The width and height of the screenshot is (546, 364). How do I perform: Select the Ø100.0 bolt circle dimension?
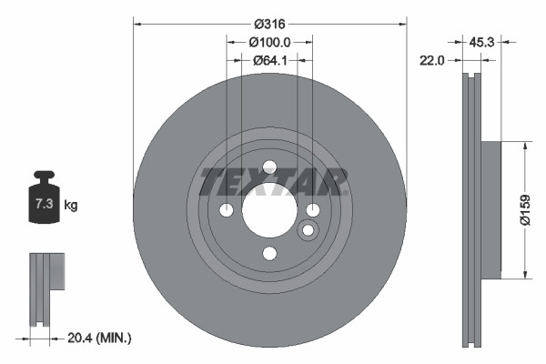click(x=269, y=42)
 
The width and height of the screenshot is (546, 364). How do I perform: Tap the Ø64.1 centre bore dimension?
click(x=269, y=61)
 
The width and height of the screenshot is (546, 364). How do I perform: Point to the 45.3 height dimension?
click(x=482, y=41)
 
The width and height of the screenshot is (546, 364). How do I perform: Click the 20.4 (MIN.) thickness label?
click(x=101, y=338)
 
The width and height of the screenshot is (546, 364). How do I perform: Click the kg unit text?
click(x=71, y=206)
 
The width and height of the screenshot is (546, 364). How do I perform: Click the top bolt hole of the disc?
click(x=269, y=167)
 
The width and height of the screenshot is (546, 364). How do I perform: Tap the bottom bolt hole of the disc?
click(x=269, y=254)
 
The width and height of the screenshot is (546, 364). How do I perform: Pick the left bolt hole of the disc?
click(x=227, y=211)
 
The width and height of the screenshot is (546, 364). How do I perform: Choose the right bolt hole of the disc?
click(x=312, y=211)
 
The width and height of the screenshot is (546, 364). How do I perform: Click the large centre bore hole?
click(x=269, y=211)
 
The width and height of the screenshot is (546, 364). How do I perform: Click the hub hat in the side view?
click(x=489, y=210)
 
